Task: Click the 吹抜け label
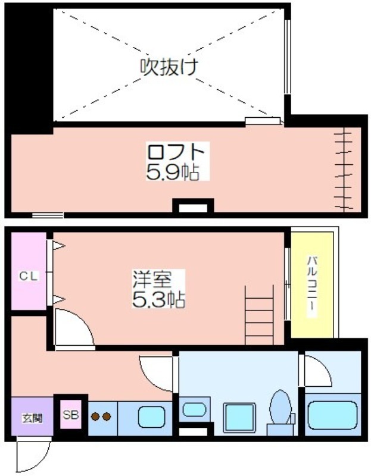[x=169, y=67]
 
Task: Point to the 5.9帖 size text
[x=173, y=173]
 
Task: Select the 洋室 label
[x=152, y=279]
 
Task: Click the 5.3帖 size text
[x=158, y=299]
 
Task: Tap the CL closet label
[x=29, y=276]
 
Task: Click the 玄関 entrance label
[x=32, y=418]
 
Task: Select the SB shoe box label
[x=71, y=415]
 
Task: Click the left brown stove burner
[x=96, y=417]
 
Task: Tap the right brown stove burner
[x=107, y=417]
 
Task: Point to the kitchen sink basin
[x=152, y=417]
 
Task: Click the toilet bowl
[x=280, y=407]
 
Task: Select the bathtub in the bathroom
[x=332, y=415]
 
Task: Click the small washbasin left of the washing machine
[x=194, y=409]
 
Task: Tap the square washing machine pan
[x=239, y=418]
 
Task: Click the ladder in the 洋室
[x=259, y=316]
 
